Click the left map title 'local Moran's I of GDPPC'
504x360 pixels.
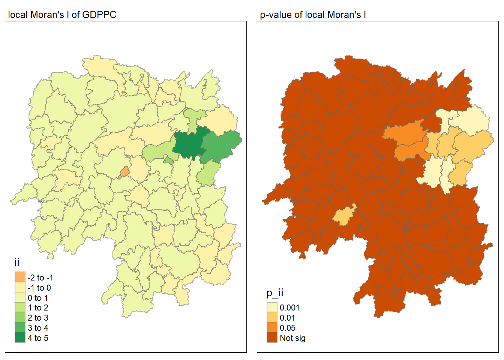point(62,15)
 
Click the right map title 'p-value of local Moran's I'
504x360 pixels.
point(313,15)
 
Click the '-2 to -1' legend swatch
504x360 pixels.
point(20,277)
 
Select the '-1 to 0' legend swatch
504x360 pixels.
point(20,287)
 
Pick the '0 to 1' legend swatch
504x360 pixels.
point(20,297)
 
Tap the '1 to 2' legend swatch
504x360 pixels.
point(20,307)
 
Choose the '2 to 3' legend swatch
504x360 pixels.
point(20,318)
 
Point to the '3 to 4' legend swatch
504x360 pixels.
point(20,328)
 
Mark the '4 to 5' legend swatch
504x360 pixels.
point(20,337)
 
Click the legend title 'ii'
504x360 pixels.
point(17,262)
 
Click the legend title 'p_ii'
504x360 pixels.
point(274,292)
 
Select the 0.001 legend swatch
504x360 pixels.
point(272,307)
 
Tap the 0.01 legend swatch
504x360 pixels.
point(272,318)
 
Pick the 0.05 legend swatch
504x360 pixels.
point(272,328)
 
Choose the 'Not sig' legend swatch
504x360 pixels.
point(272,337)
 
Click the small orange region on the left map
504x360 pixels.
point(124,172)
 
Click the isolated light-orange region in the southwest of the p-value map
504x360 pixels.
point(343,216)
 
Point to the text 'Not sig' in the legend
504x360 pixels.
point(292,338)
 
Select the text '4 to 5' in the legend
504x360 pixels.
point(38,338)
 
